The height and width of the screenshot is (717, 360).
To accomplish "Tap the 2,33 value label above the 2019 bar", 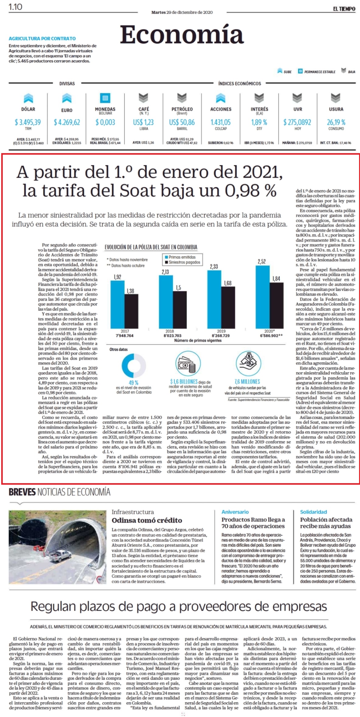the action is point(214,266).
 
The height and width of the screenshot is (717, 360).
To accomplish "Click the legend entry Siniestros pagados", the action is point(183,262).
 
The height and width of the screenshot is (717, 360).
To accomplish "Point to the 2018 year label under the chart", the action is point(170,331).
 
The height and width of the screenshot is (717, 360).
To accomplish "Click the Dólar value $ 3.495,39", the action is point(28,122).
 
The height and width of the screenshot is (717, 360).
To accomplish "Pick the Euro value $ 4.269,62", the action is point(67,122).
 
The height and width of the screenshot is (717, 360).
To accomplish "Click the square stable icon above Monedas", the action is point(105,98).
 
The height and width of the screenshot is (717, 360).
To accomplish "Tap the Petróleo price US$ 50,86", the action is point(182,122).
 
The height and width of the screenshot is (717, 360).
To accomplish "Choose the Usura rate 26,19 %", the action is point(336,122).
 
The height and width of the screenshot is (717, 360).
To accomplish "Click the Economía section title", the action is point(182,34).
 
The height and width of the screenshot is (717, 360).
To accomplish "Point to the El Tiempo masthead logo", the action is point(344,9).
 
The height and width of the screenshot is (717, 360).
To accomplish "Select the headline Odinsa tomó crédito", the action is point(147,520).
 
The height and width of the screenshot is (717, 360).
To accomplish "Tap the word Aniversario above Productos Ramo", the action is point(235,512).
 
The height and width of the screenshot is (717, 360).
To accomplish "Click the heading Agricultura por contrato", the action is point(42,39).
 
